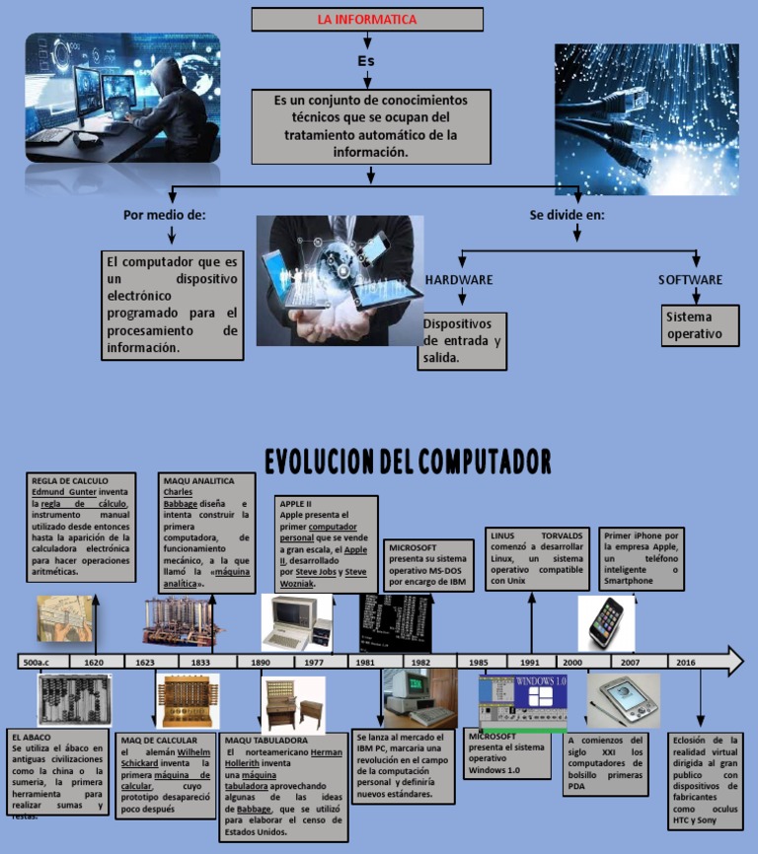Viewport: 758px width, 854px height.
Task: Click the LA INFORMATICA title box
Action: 367,20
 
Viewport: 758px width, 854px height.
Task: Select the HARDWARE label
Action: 459,280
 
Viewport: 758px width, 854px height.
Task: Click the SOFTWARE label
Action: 690,280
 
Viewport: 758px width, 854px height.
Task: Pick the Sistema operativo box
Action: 701,326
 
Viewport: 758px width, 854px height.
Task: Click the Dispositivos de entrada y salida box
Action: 462,341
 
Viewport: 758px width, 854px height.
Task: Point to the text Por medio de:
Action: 164,215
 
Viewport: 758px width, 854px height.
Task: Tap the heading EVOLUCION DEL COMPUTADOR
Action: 408,461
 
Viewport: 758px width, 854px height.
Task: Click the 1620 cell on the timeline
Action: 95,663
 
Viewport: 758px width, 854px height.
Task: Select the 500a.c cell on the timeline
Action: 43,663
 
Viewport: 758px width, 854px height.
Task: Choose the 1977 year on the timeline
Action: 315,663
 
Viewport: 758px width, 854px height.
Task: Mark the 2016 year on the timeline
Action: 685,663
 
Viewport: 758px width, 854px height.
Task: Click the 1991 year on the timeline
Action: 530,663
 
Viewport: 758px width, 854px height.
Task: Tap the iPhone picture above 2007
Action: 606,623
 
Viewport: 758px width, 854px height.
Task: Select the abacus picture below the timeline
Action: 75,700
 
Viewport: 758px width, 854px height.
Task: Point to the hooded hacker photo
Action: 122,98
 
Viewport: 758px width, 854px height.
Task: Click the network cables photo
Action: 645,118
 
